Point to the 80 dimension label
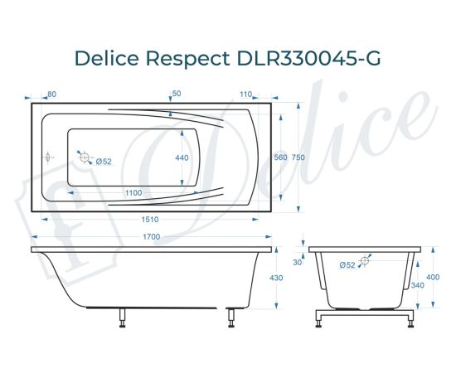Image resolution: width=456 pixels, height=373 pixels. click(52, 94)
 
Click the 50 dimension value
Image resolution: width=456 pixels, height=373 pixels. click(176, 94)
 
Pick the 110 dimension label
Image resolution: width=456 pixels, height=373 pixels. click(246, 94)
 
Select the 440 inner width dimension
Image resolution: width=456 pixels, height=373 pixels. click(182, 157)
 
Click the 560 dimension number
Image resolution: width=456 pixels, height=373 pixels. click(280, 157)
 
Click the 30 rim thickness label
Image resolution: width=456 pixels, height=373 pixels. click(298, 263)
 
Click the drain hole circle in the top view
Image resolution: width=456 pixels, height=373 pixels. click(82, 154)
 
